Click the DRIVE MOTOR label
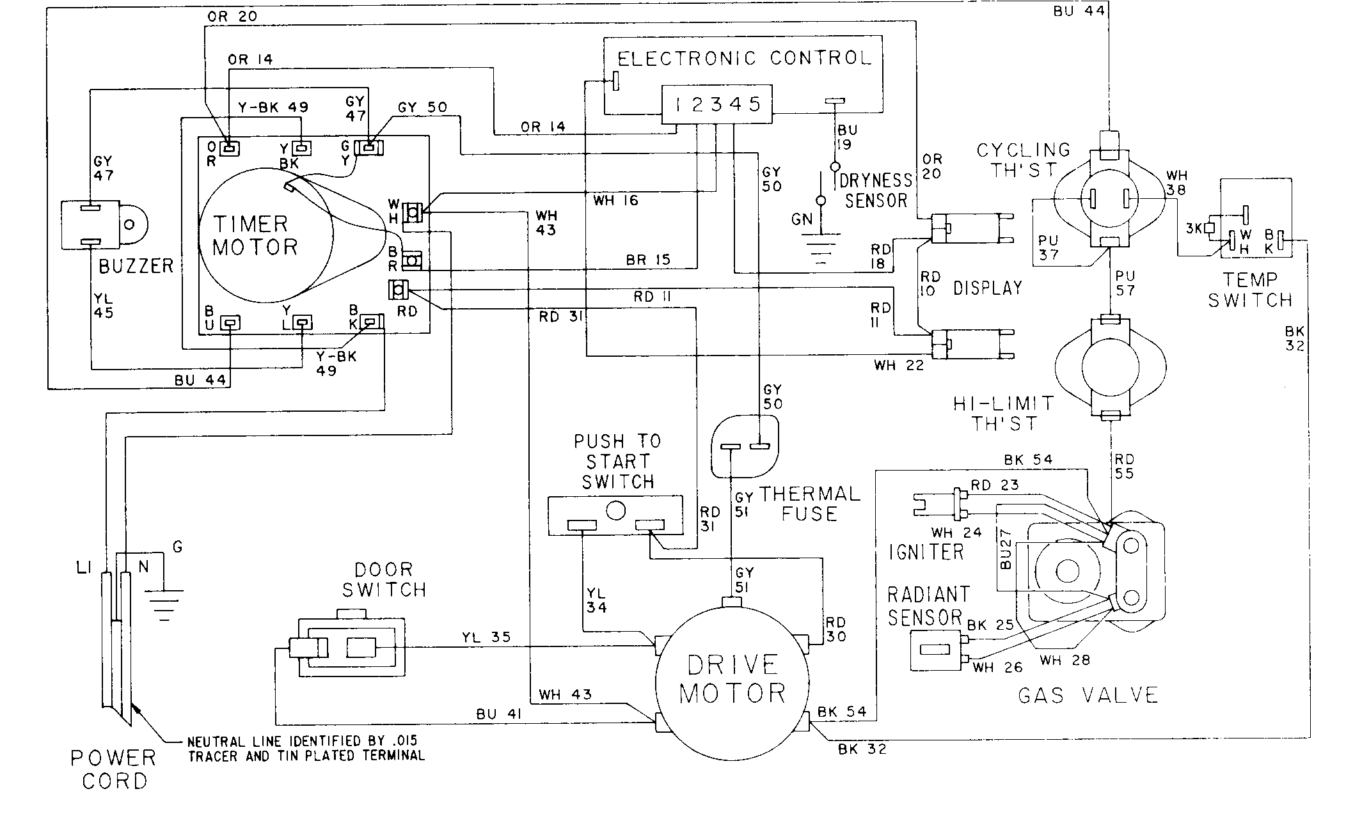click(732, 679)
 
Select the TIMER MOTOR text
click(255, 235)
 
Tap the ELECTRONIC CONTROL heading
click(744, 59)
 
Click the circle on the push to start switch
click(615, 510)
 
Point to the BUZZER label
click(136, 266)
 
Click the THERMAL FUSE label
click(809, 503)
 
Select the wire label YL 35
click(486, 637)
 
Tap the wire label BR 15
click(648, 260)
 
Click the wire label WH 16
click(616, 201)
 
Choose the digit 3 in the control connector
click(716, 104)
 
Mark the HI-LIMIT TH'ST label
click(1002, 413)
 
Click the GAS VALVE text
click(1088, 695)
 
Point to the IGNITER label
click(926, 551)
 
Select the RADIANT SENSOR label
click(927, 606)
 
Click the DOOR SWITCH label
click(384, 579)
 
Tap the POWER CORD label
click(114, 769)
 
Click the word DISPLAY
click(987, 288)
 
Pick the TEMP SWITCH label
click(1249, 290)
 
